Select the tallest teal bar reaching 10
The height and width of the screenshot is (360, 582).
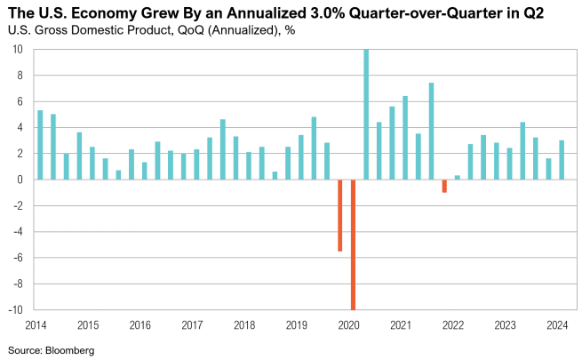coord(366,114)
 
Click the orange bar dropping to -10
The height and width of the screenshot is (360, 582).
coord(353,244)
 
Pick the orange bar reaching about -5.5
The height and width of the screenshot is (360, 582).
coord(340,215)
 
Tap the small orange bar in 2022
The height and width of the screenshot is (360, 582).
coord(444,186)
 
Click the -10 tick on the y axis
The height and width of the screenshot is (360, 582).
coord(16,310)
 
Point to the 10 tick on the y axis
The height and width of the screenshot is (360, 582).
coord(18,49)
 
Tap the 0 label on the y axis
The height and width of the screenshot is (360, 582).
coord(20,180)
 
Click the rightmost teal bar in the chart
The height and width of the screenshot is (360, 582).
coord(561,160)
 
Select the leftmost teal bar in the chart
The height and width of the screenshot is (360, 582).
coord(40,145)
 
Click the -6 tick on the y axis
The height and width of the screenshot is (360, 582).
coord(18,258)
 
